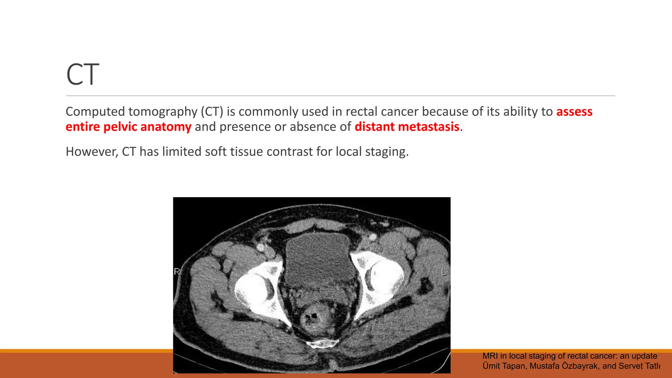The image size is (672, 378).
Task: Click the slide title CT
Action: click(82, 74)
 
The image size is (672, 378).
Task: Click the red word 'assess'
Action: click(574, 112)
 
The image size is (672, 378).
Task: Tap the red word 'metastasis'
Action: click(429, 127)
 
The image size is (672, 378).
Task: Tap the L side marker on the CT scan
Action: click(444, 272)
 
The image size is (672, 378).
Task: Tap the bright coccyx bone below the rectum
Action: click(323, 344)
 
